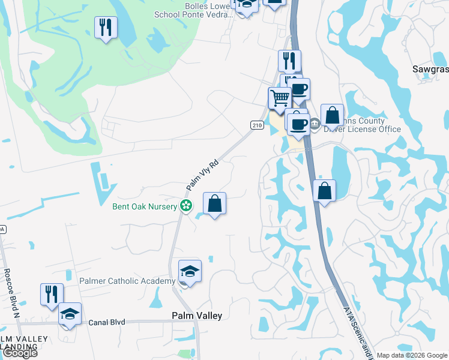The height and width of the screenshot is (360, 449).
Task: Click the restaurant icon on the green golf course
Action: pos(106,28)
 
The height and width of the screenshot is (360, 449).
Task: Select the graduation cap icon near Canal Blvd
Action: pos(70,314)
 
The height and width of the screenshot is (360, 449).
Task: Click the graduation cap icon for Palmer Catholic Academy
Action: pos(190,271)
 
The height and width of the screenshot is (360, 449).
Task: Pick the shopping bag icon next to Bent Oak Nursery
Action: pos(214,203)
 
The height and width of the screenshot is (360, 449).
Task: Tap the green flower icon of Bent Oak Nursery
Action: pos(186,206)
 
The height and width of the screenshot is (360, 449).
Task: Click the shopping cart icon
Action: pos(280,98)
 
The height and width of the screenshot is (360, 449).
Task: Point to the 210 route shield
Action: pos(257,125)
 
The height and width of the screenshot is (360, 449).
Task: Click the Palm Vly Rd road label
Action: pos(200,175)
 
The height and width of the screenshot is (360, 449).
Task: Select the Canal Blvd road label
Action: pos(107,322)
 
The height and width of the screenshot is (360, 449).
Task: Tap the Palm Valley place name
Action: pos(197,316)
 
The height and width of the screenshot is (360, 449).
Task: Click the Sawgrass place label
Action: pos(430,69)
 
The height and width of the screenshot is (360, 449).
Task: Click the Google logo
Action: pos(19,353)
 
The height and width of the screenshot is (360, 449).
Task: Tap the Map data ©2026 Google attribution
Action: pos(412,355)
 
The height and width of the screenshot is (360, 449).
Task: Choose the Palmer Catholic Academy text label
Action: pos(127,281)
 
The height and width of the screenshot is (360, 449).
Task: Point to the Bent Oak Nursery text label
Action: pos(144,206)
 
